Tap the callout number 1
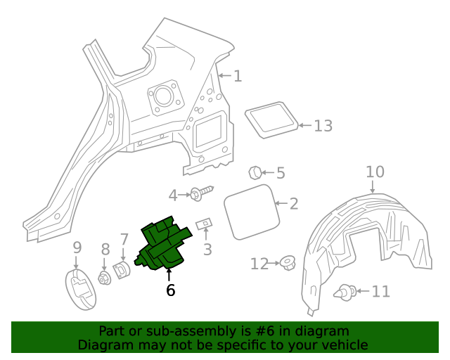tap(238, 76)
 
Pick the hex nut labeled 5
tap(256, 172)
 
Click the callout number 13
tap(323, 126)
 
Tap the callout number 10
tap(375, 172)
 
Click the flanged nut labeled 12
tap(287, 264)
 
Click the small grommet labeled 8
tap(105, 277)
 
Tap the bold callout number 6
tap(170, 290)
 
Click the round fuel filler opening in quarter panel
tap(163, 96)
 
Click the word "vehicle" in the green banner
tap(342, 345)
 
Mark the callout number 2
tap(293, 204)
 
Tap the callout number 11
tap(380, 291)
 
